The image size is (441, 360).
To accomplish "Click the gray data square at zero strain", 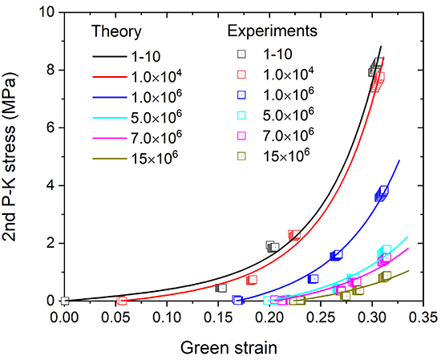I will (65, 301).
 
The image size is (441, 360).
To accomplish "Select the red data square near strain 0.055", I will (122, 301).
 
